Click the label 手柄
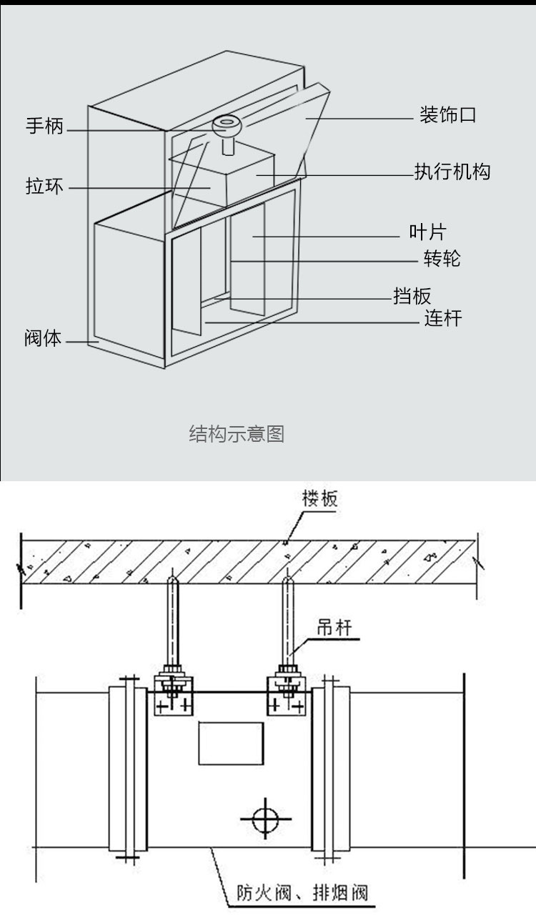(44, 127)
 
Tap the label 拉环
(44, 187)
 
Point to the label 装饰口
(447, 116)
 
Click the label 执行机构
(452, 172)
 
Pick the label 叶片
(427, 232)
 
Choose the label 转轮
(442, 258)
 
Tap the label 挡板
(412, 295)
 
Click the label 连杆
(443, 318)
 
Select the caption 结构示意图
(237, 433)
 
